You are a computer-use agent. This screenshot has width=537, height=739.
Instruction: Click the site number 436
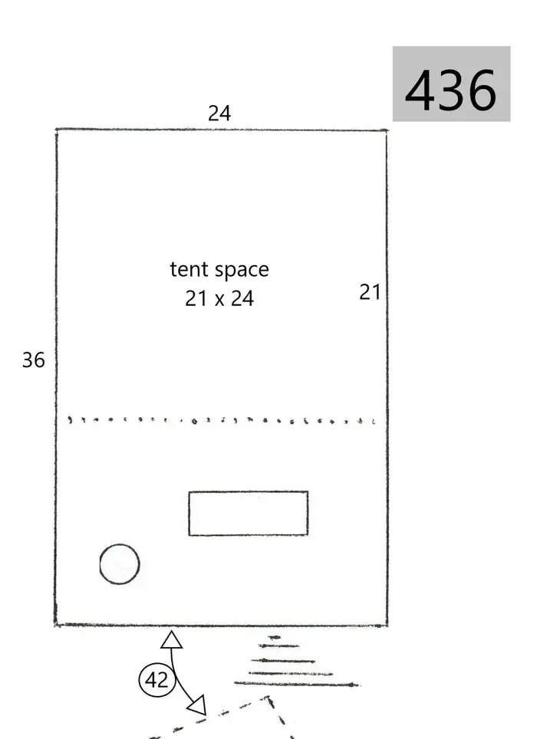point(451,90)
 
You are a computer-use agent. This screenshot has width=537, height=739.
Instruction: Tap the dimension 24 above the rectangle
point(219,113)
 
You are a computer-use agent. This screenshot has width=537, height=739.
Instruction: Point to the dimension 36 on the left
point(34,360)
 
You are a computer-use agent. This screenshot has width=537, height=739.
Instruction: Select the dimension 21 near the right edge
point(370,292)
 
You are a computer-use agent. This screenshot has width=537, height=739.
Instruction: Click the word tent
point(189,269)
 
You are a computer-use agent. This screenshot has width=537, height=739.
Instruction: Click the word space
point(242,271)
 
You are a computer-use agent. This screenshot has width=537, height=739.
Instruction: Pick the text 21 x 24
point(219,298)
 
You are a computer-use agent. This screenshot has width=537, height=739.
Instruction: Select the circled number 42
point(157,680)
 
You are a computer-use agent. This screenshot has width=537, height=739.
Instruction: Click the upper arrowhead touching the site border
point(171,640)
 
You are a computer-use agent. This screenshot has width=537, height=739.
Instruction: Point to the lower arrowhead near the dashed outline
point(198,705)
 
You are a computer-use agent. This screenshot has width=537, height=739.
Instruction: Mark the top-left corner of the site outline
point(57,129)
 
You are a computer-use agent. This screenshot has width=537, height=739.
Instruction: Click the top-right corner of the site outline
point(387,130)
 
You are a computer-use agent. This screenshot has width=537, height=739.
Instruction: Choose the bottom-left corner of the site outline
point(55,625)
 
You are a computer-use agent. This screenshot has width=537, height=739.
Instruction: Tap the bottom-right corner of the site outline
point(387,626)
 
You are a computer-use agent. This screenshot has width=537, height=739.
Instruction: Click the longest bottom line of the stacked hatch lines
point(297,684)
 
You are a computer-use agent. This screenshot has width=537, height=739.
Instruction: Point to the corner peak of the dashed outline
point(268,698)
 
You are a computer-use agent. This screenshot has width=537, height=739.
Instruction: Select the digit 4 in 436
point(420,90)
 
